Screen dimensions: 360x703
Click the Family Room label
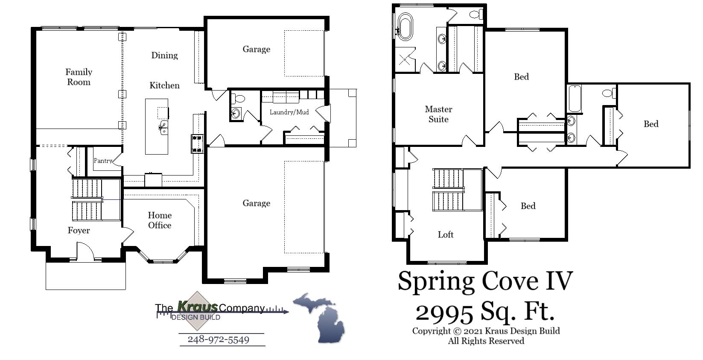tap(79, 77)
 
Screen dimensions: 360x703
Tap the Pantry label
tap(103, 161)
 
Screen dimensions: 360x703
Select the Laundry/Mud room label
tap(289, 112)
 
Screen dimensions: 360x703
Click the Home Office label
tap(160, 220)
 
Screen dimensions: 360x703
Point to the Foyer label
tap(79, 231)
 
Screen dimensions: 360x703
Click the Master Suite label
tap(438, 114)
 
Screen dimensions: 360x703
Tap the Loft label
tap(446, 234)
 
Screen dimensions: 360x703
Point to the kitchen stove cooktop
tap(197, 144)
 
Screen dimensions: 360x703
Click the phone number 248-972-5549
tap(219, 340)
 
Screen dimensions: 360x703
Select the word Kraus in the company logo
tap(197, 307)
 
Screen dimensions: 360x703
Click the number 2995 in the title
tap(444, 312)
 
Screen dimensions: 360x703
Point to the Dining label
tap(164, 56)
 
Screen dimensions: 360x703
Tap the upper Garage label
tap(256, 50)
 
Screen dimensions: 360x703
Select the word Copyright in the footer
tap(431, 331)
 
